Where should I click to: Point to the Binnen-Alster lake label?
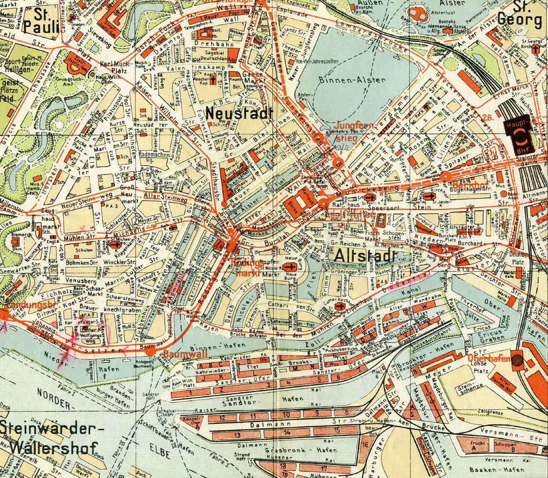(x=357, y=79)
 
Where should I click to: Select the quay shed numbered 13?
(x=237, y=435)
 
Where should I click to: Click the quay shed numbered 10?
(x=286, y=414)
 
